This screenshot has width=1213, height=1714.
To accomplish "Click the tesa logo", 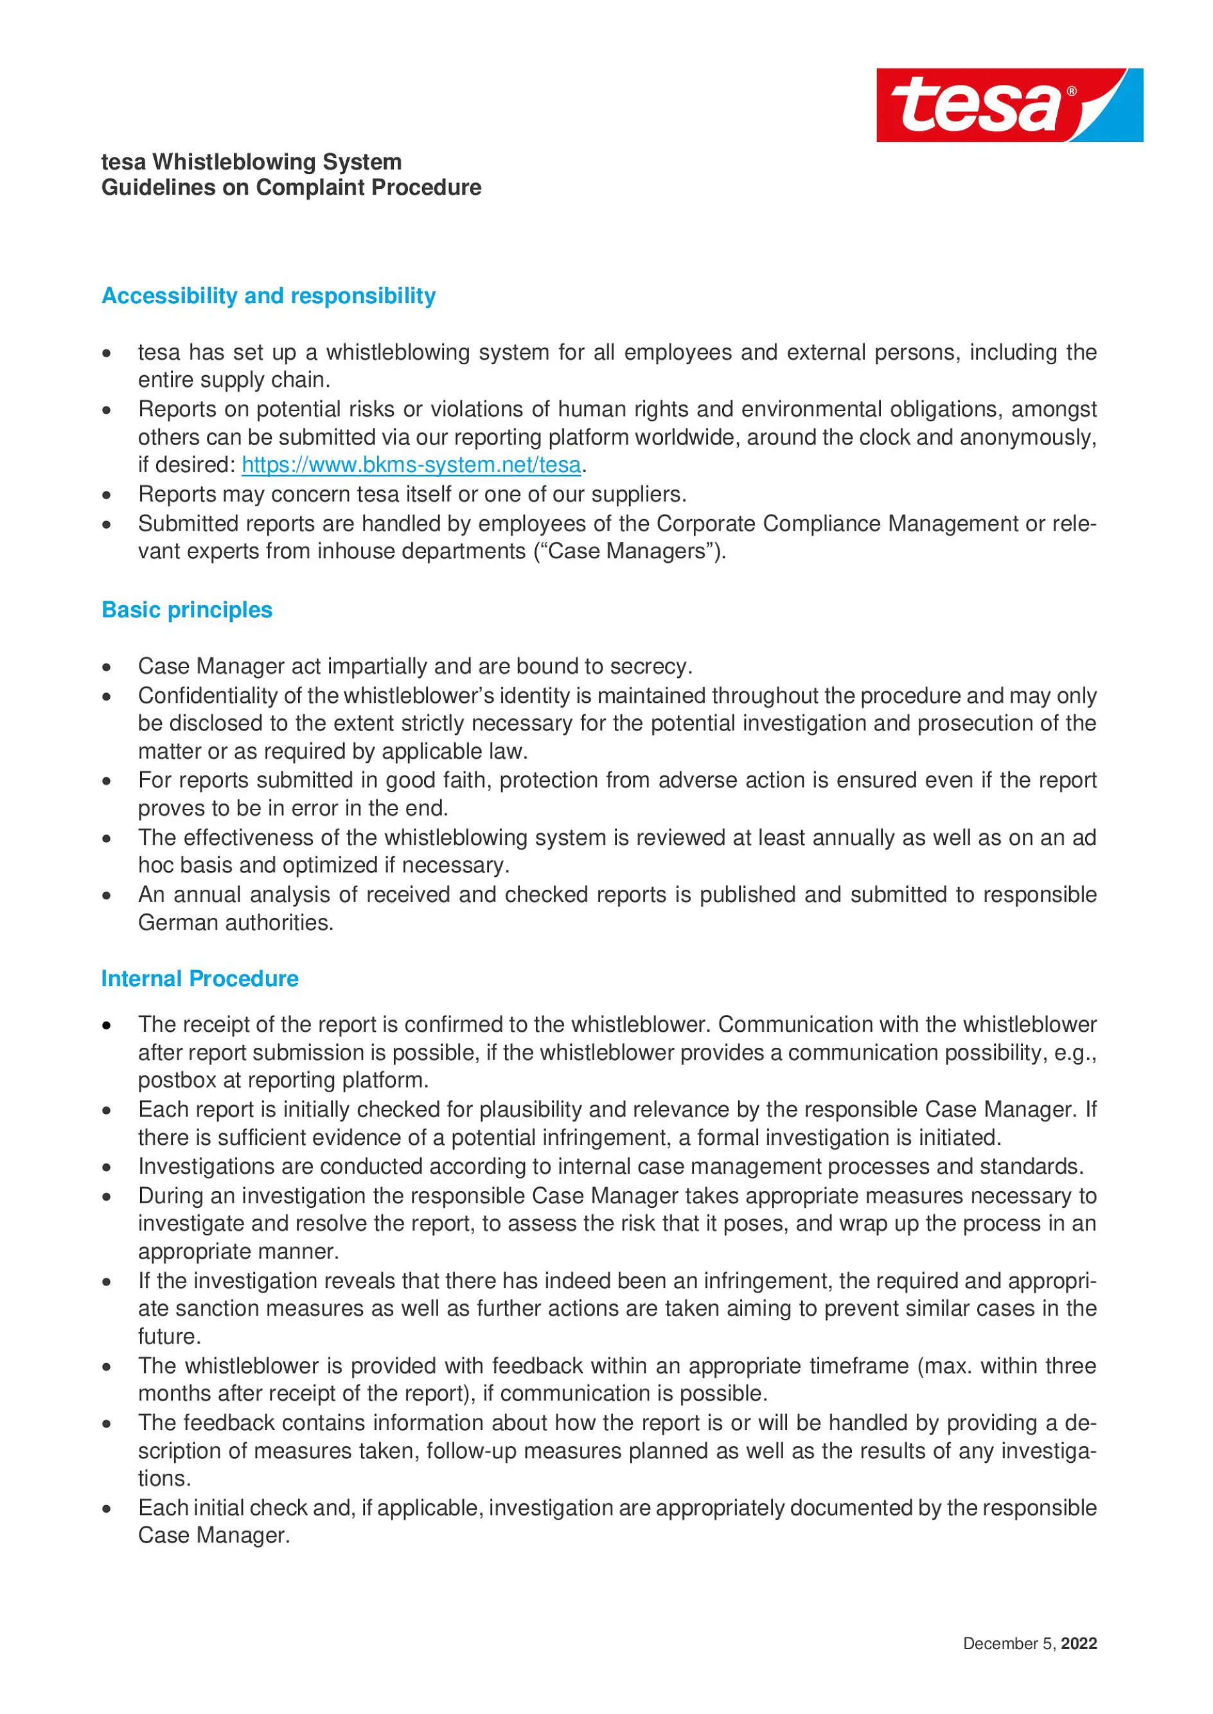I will pyautogui.click(x=1009, y=105).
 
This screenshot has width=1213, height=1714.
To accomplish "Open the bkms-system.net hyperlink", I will pyautogui.click(x=411, y=465).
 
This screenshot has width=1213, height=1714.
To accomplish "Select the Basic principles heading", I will pyautogui.click(x=187, y=610).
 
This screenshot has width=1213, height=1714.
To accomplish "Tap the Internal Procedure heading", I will pyautogui.click(x=199, y=979).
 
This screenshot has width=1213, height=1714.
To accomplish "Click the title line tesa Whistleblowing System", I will pyautogui.click(x=251, y=162).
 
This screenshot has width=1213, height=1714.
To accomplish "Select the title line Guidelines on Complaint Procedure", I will pyautogui.click(x=291, y=188).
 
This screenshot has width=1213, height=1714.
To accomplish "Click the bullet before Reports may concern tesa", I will pyautogui.click(x=107, y=495).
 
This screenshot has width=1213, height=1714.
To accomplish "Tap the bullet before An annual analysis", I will pyautogui.click(x=107, y=895).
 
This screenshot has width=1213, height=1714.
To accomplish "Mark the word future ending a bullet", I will pyautogui.click(x=168, y=1337).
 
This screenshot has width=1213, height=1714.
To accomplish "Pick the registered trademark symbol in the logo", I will pyautogui.click(x=1072, y=91).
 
